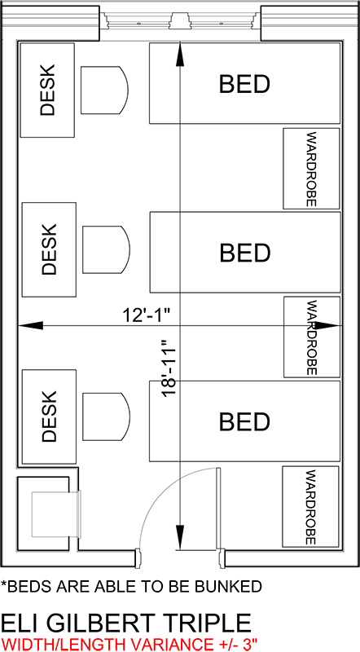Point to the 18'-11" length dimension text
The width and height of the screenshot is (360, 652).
coord(170,369)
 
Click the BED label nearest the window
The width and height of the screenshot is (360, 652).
coord(244,84)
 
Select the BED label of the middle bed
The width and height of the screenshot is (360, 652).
coord(245,252)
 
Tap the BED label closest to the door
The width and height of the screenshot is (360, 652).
coord(244,421)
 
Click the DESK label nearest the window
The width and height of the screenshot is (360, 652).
coord(47,90)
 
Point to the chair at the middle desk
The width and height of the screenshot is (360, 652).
coord(107,249)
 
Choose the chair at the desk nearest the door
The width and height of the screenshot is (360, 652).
coord(107,416)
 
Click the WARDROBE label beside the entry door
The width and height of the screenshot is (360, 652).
coord(311,507)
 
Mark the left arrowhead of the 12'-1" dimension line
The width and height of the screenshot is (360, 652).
coord(30,325)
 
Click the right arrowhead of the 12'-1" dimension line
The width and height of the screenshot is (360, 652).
coord(328,325)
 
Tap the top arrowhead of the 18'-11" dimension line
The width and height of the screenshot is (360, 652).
coord(179,54)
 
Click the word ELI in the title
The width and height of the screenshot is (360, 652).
coord(21,623)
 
